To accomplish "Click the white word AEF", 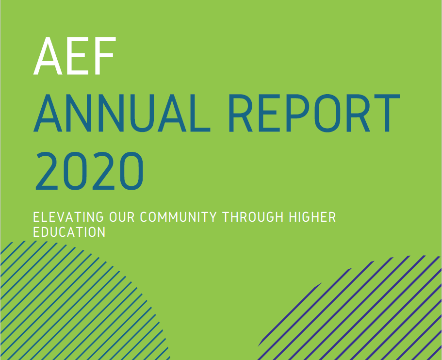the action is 75,56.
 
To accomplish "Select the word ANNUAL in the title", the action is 122,113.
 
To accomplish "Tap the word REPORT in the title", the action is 314,113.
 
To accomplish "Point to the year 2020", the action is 89,171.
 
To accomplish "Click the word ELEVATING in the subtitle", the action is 68,217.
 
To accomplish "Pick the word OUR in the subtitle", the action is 122,217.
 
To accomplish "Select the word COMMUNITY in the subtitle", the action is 178,217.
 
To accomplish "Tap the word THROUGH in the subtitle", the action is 253,217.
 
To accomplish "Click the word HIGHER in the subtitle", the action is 312,217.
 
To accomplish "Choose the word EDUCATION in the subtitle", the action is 69,232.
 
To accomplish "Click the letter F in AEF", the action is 105,56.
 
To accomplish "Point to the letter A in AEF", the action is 48,56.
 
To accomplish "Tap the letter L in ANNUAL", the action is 200,113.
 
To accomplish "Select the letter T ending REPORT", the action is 387,113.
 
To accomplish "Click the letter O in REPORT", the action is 327,113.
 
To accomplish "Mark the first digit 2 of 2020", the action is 47,171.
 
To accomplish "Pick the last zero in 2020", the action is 131,171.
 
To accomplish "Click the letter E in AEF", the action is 78,56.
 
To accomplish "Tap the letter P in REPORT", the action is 298,113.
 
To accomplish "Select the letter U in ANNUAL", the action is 142,113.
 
